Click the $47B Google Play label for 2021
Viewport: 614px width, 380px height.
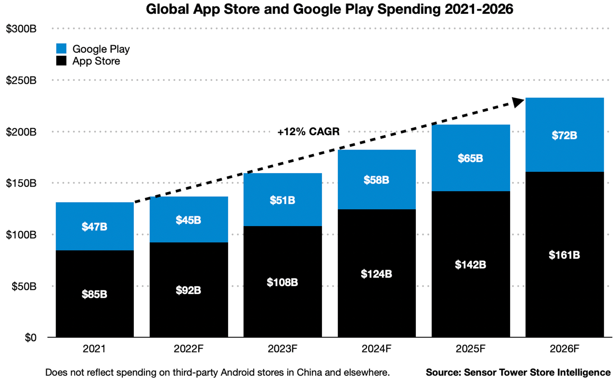point(94,227)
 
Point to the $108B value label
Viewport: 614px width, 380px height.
point(282,282)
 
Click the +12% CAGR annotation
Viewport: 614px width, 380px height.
point(308,132)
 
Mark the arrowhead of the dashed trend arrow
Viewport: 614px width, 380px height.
point(518,102)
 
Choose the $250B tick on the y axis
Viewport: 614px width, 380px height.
point(21,80)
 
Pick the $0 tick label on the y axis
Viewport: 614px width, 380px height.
point(30,338)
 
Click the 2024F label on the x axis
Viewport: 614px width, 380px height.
point(376,349)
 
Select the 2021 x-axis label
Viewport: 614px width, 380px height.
point(94,349)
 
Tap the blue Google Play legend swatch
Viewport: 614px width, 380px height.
point(61,49)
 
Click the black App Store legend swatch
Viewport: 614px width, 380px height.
point(61,61)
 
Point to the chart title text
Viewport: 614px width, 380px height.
point(329,9)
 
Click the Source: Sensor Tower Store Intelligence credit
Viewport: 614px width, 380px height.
point(518,372)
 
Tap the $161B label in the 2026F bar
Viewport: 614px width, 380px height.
point(564,255)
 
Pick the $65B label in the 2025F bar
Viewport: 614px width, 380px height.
point(470,158)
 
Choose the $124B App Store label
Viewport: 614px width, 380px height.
point(376,274)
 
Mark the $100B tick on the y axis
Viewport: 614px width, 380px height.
point(21,235)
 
